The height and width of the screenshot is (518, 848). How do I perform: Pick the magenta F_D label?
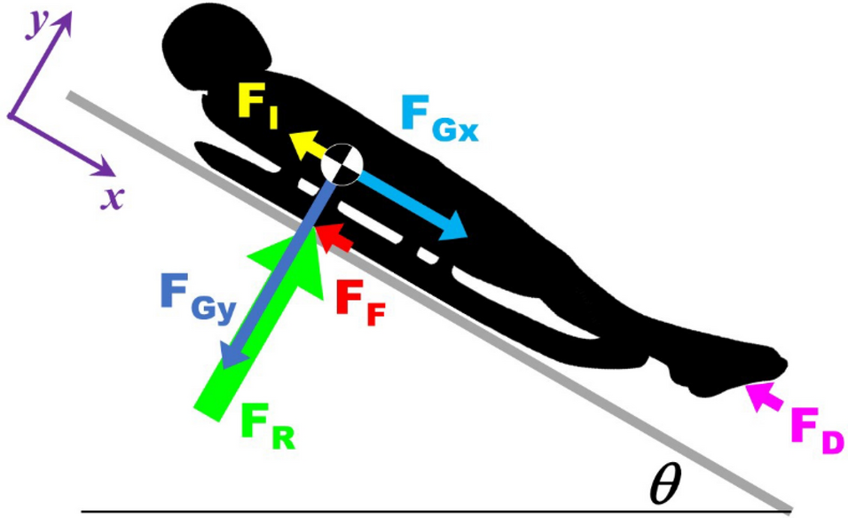814,433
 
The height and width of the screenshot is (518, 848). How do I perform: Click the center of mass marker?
342,164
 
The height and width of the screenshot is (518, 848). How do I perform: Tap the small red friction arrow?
335,237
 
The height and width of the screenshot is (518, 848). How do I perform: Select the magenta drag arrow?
764,396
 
